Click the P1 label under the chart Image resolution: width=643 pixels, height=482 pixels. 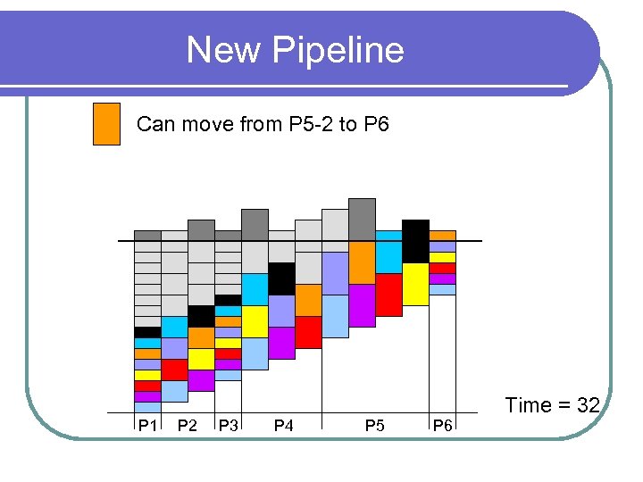coord(147,426)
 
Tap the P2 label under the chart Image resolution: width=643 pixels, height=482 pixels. coord(188,426)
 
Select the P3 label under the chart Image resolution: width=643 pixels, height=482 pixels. coord(228,426)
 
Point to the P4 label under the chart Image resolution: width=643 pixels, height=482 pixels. coord(283,426)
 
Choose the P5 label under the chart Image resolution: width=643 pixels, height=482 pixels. coord(375,426)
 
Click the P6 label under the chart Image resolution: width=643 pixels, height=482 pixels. coord(442,426)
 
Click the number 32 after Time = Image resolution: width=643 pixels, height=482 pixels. coord(588,405)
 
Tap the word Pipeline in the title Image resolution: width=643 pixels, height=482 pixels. coord(337,50)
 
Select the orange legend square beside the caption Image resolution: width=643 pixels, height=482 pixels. coord(106,124)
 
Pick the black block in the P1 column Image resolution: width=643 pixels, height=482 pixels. coord(147,332)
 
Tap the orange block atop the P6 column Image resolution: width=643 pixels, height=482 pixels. coord(442,236)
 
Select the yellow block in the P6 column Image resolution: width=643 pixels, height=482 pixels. coord(442,257)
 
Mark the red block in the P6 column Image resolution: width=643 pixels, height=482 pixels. coord(442,268)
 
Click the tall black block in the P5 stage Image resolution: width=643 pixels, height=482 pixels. coord(415,241)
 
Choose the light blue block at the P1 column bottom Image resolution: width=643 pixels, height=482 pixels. coord(147,407)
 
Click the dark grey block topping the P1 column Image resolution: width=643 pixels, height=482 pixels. coord(147,236)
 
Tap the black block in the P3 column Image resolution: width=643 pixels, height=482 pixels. coord(228,300)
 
